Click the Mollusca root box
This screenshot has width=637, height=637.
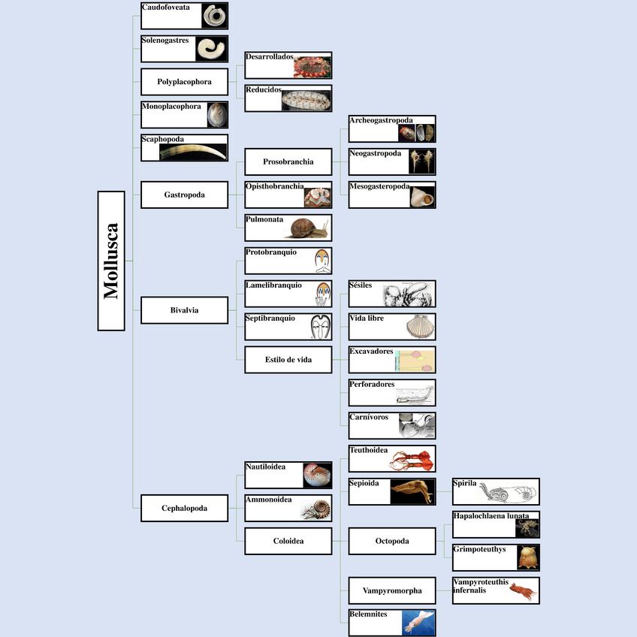click(111, 261)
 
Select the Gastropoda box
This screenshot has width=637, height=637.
click(184, 195)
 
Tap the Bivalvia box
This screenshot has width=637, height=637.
click(184, 309)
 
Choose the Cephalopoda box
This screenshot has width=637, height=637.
click(184, 508)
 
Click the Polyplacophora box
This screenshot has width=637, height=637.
click(184, 81)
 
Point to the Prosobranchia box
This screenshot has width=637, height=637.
click(288, 162)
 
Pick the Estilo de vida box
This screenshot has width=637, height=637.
click(288, 360)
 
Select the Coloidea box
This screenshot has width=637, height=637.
click(288, 541)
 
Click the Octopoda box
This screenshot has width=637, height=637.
click(391, 541)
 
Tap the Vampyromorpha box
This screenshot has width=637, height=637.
click(391, 590)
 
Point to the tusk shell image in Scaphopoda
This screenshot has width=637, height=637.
click(194, 152)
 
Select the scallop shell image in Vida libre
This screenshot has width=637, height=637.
click(420, 328)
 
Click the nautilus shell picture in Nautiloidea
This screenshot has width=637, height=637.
click(317, 475)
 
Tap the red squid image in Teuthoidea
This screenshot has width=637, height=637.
click(412, 459)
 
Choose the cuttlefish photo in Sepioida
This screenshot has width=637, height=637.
click(412, 492)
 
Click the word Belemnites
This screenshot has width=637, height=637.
click(368, 614)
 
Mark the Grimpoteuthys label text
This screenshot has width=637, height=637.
click(479, 549)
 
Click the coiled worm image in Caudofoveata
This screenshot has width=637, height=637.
click(216, 16)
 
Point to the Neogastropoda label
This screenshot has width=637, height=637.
click(375, 153)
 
